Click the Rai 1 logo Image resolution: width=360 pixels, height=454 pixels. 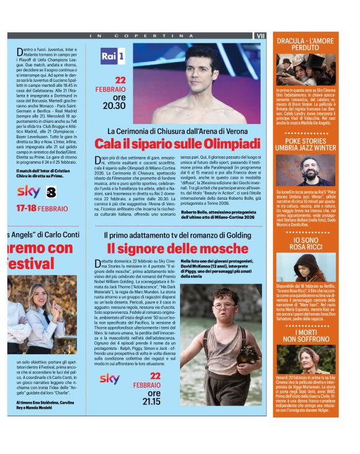click(x=112, y=56)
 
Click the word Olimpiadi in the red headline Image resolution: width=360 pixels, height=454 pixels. click(x=230, y=143)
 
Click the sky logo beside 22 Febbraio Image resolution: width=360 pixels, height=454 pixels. click(x=110, y=378)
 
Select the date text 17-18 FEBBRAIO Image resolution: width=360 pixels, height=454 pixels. click(x=42, y=208)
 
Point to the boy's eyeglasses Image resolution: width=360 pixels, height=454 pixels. click(x=224, y=306)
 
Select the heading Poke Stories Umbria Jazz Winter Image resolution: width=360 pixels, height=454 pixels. click(x=305, y=144)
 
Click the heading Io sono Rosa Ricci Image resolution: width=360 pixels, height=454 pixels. click(x=305, y=243)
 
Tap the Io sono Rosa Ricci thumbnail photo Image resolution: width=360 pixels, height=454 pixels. click(x=305, y=267)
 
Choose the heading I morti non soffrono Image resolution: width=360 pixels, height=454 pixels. click(x=305, y=335)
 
